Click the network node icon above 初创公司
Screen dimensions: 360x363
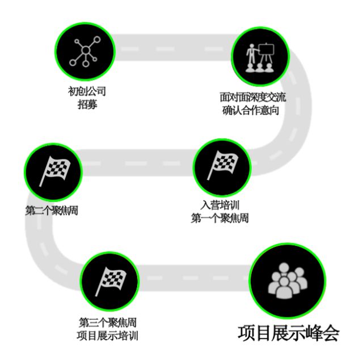tap(85, 50)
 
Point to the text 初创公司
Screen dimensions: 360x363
tap(92, 91)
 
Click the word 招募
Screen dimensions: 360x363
tap(92, 103)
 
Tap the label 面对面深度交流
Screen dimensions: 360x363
tap(253, 97)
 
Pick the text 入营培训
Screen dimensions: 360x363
tap(220, 205)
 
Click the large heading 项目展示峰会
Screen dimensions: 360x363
tap(288, 333)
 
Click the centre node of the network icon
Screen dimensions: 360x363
tap(85, 51)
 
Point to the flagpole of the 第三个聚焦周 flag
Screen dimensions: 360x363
tap(99, 283)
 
